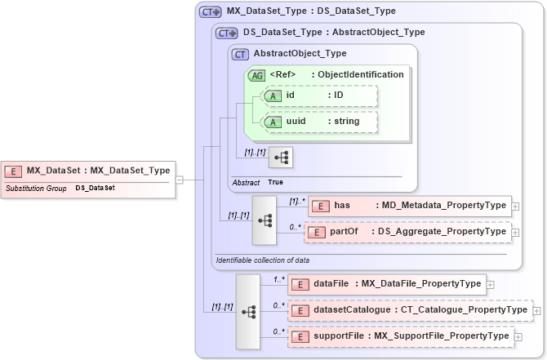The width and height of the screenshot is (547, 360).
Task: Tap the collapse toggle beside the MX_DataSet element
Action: [x=179, y=180]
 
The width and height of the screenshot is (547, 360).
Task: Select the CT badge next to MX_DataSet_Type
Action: [x=211, y=12]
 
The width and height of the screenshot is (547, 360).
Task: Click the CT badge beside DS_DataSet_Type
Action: [x=227, y=33]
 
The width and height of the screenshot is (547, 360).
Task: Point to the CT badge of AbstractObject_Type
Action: [x=240, y=54]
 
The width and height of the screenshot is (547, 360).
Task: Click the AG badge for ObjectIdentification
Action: [x=256, y=75]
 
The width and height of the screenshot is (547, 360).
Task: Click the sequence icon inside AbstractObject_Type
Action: [x=281, y=158]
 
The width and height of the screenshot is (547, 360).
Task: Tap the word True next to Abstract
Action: [x=276, y=182]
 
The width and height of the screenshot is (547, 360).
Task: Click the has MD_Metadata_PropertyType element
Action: [x=409, y=206]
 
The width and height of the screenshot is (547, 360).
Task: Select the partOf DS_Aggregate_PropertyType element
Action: [x=409, y=232]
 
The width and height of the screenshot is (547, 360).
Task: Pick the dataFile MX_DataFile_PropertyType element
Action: [x=387, y=284]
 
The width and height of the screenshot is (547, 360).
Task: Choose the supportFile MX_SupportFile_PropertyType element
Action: [x=400, y=336]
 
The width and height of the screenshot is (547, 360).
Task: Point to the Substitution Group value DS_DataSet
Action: [x=95, y=188]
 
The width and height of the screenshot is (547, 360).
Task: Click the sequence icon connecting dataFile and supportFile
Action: [x=249, y=310]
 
